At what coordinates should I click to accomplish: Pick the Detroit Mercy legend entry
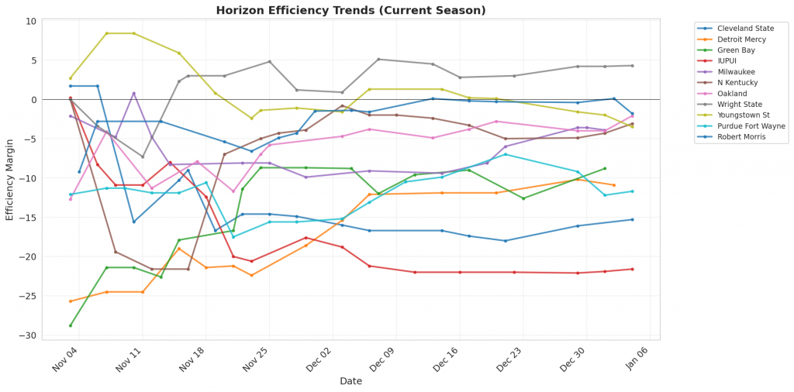pos(741,40)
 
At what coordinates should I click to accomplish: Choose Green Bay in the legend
pos(736,50)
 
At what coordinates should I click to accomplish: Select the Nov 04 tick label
pos(66,362)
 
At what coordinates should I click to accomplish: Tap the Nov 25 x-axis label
pos(257,362)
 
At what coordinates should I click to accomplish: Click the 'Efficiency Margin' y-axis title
pos(10,178)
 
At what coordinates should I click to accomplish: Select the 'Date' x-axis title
pos(350,381)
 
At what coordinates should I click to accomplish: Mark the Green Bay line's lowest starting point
pos(71,325)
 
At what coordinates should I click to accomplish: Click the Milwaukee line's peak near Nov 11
pos(133,93)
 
